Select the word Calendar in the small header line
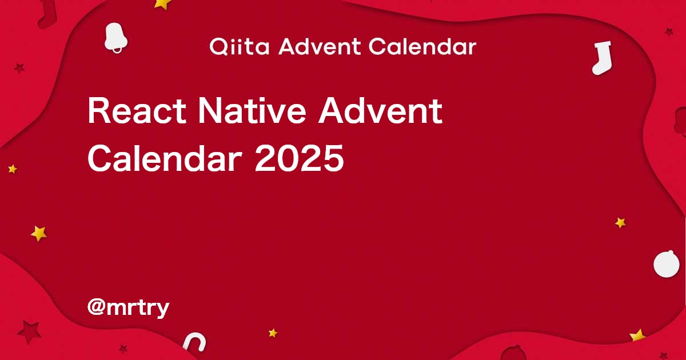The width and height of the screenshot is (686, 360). [422, 47]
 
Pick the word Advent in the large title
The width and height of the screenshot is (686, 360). [380, 111]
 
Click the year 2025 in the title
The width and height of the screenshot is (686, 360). [299, 158]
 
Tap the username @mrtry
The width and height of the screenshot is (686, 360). [128, 308]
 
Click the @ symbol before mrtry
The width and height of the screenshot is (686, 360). [95, 308]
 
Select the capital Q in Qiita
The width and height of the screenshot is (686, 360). [218, 47]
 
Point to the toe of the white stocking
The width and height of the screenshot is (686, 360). [597, 69]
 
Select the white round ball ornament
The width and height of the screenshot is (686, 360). [667, 265]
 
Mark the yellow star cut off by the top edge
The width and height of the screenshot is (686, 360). [163, 3]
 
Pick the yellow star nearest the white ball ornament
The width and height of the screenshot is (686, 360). [620, 223]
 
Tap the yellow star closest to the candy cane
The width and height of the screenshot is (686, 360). [273, 333]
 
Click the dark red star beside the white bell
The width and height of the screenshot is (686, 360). [19, 69]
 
